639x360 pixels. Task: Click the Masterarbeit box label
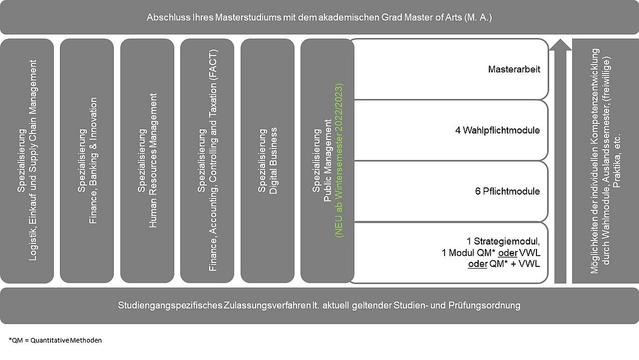pos(514,70)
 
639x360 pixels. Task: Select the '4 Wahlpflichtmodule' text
pos(497,131)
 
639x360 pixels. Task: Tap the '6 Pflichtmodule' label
pos(507,191)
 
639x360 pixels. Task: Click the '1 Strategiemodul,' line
pos(503,241)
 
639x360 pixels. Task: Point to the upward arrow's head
pos(561,44)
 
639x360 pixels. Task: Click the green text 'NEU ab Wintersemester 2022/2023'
pos(339,160)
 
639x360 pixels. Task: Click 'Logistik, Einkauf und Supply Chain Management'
pos(33,160)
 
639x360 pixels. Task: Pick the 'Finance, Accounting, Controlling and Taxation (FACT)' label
pos(213,160)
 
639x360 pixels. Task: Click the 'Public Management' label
pos(328,160)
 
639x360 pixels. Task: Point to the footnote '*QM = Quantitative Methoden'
pos(55,340)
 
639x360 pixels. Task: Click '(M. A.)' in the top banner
pos(478,17)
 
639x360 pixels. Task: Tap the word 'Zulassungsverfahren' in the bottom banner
pos(267,306)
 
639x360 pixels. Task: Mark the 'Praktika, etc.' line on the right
pos(617,160)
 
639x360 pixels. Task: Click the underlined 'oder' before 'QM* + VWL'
pos(478,264)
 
